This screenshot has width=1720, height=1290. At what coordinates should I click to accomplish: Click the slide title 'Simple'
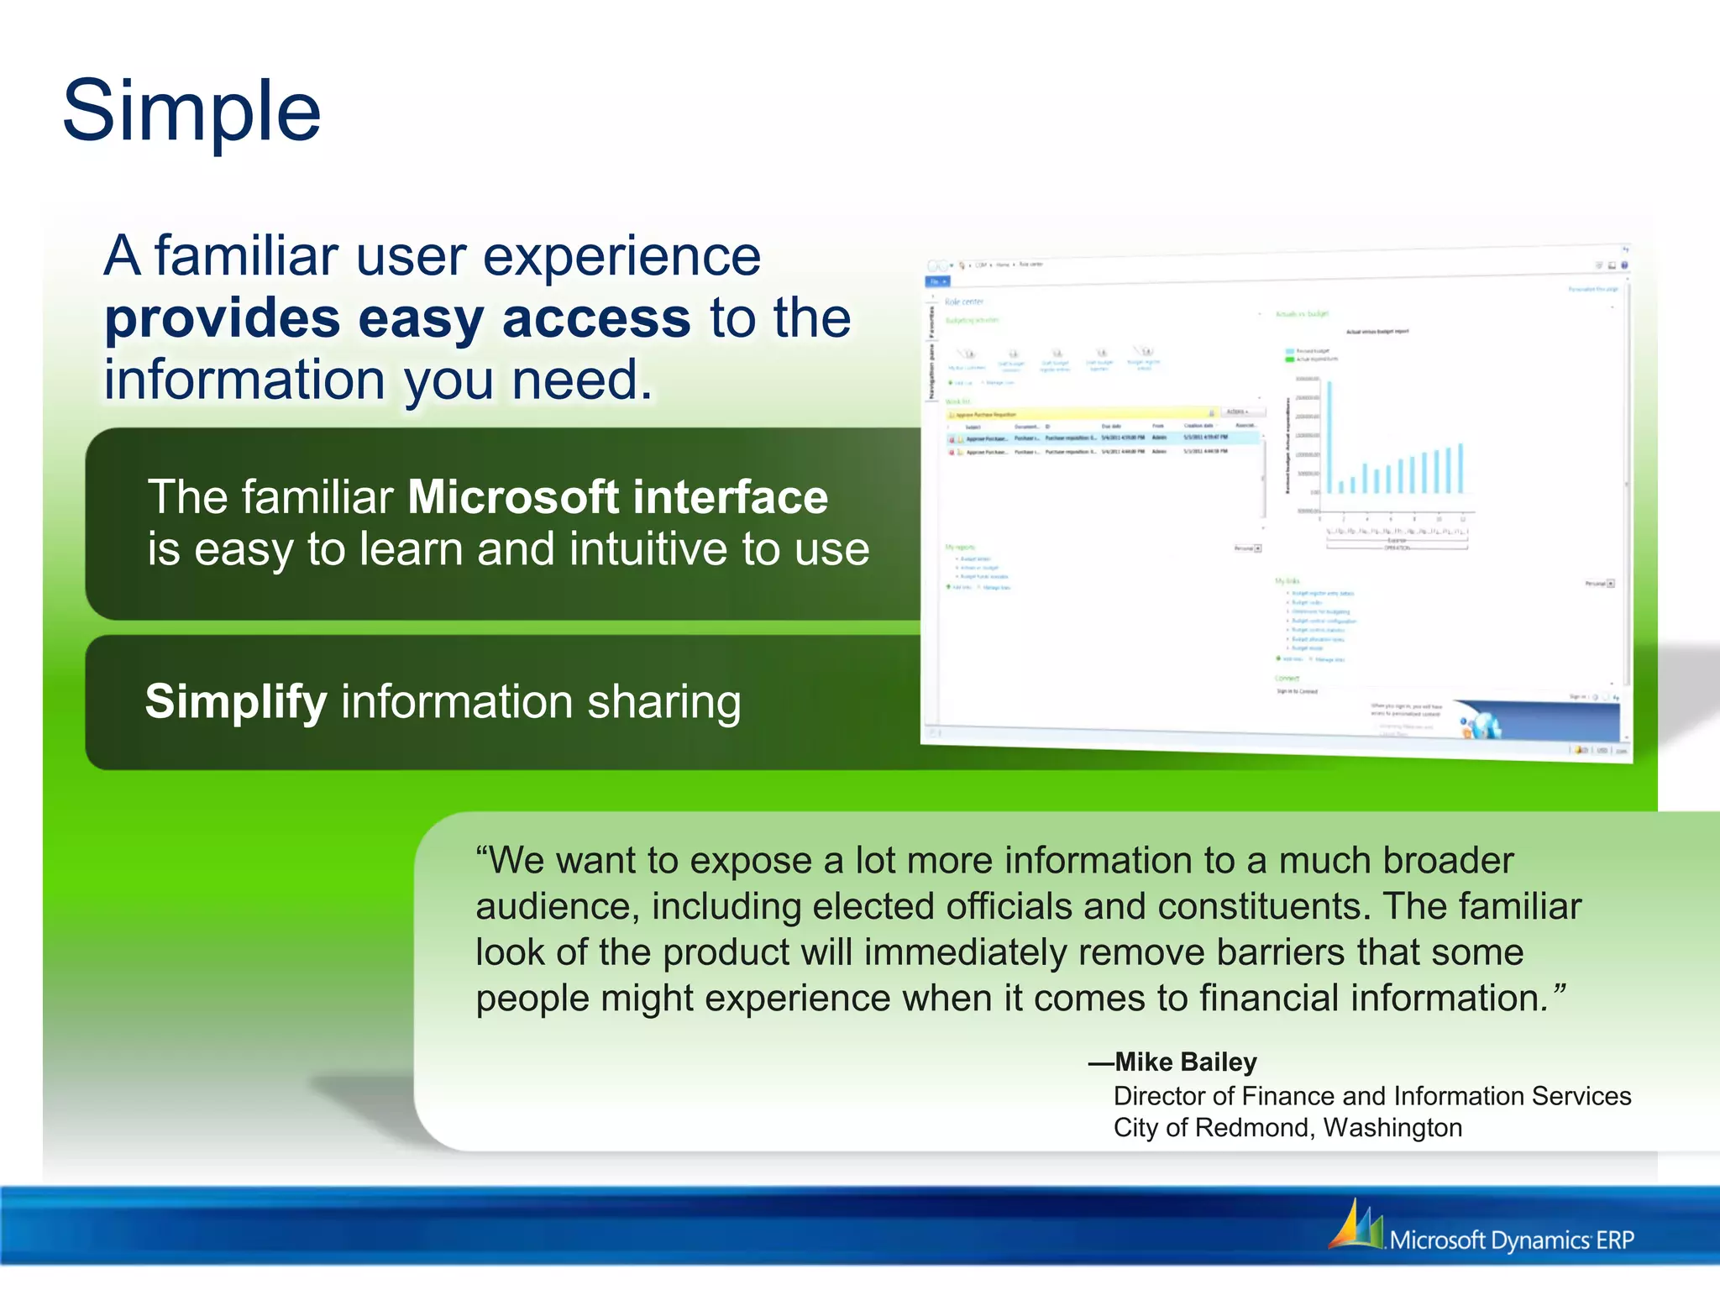[191, 111]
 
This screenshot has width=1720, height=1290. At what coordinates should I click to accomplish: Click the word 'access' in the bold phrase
[595, 319]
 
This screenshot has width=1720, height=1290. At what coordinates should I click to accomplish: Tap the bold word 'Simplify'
[236, 701]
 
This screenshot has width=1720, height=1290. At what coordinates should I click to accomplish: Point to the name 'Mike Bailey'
[1185, 1062]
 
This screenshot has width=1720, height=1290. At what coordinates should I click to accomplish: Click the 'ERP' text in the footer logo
[1615, 1240]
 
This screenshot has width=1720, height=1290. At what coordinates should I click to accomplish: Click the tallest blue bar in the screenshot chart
[1329, 437]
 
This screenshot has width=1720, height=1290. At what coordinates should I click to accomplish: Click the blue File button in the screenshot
[937, 281]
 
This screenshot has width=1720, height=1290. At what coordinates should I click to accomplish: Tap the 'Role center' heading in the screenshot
[963, 302]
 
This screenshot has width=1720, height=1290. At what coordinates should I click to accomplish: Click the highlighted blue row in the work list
[1100, 438]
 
